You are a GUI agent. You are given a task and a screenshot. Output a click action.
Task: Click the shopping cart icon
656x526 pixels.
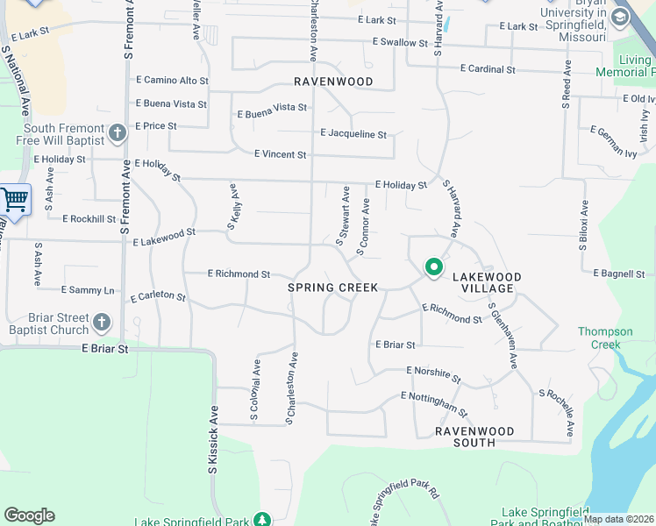14,201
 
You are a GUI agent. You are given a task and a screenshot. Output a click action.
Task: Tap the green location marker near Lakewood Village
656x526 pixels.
433,267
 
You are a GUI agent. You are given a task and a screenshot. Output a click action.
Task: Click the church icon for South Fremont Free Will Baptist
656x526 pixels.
118,133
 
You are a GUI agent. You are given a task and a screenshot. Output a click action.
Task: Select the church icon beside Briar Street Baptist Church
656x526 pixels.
102,323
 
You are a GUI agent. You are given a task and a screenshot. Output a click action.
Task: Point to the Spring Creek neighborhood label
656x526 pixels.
333,288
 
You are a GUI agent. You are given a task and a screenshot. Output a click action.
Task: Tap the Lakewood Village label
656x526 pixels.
487,282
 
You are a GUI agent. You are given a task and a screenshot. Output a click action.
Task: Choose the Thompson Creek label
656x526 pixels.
605,338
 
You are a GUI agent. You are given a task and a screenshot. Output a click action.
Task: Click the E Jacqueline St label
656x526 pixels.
353,134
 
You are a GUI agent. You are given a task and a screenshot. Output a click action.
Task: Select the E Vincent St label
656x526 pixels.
280,154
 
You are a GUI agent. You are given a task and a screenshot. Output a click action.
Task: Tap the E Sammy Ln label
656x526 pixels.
88,289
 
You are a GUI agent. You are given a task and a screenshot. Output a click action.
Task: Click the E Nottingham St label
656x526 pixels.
434,402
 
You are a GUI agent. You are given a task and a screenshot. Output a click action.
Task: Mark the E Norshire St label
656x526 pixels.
433,374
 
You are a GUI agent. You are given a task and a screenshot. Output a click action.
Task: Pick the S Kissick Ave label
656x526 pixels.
213,439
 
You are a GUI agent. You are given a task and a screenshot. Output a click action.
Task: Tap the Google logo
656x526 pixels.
29,515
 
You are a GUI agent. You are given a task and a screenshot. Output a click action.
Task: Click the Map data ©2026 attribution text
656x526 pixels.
618,519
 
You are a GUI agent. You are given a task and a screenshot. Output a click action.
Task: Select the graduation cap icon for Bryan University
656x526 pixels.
621,18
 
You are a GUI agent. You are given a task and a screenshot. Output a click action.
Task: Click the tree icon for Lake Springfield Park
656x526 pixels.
261,520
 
